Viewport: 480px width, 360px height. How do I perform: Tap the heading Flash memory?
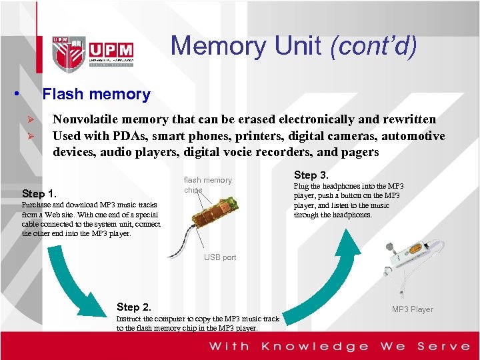(96, 95)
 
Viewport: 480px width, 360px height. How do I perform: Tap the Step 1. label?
(39, 194)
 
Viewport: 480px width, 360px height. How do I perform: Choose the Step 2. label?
(133, 307)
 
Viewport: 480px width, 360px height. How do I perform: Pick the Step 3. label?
(311, 175)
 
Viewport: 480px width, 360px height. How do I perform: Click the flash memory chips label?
(207, 185)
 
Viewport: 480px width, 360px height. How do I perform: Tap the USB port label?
(220, 257)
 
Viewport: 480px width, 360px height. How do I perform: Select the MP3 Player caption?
(412, 309)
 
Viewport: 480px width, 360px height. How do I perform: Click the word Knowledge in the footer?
(315, 346)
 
